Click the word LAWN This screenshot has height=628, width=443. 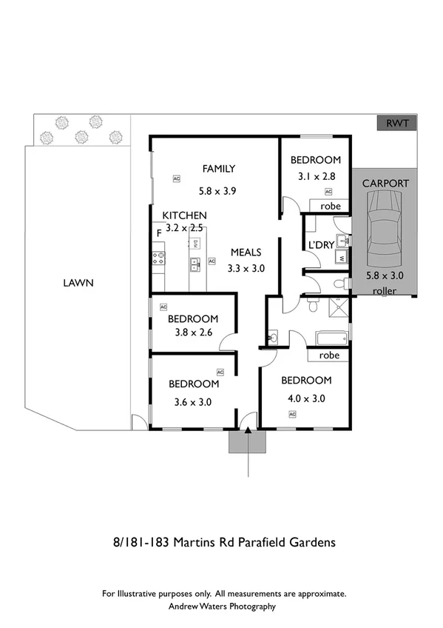pos(78,282)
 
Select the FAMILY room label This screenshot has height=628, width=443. pos(219,169)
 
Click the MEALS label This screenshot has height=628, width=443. pos(246,252)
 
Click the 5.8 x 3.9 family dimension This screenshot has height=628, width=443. pos(219,190)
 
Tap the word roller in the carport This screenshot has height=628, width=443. pos(385,291)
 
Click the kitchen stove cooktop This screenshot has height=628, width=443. pos(158,258)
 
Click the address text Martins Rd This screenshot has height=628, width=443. pos(199,542)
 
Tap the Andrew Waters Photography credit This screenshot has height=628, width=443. pos(223,606)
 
